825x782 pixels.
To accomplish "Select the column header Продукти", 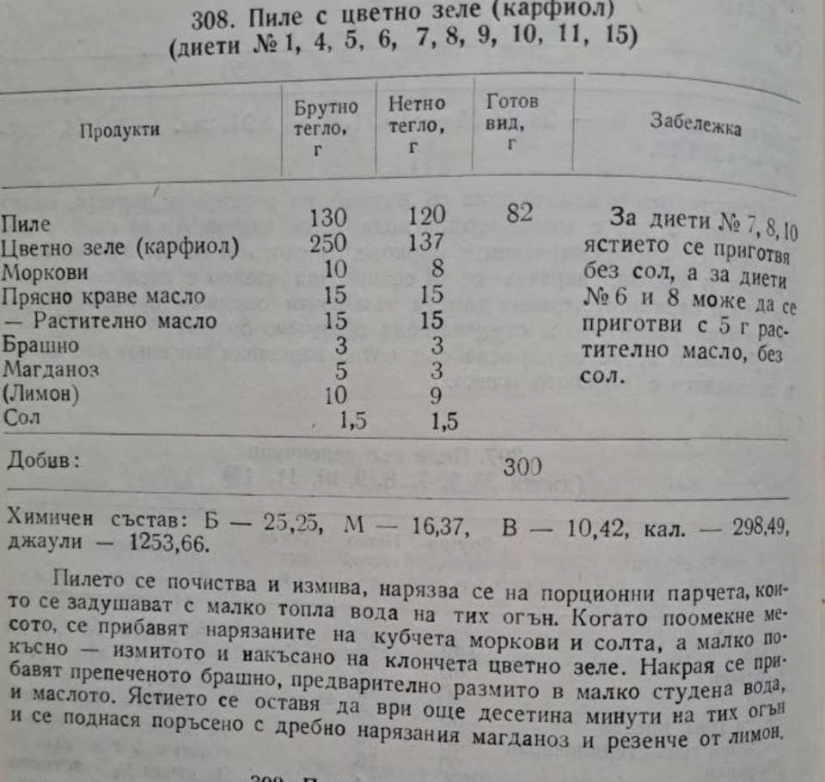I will coord(120,130).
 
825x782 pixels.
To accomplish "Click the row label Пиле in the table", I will coord(27,225).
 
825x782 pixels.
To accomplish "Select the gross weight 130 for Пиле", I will coord(327,217).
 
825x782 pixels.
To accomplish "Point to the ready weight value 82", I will coord(519,213).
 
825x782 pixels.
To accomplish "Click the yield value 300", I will coord(522,466).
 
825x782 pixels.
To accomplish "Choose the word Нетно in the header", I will coord(417,104).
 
